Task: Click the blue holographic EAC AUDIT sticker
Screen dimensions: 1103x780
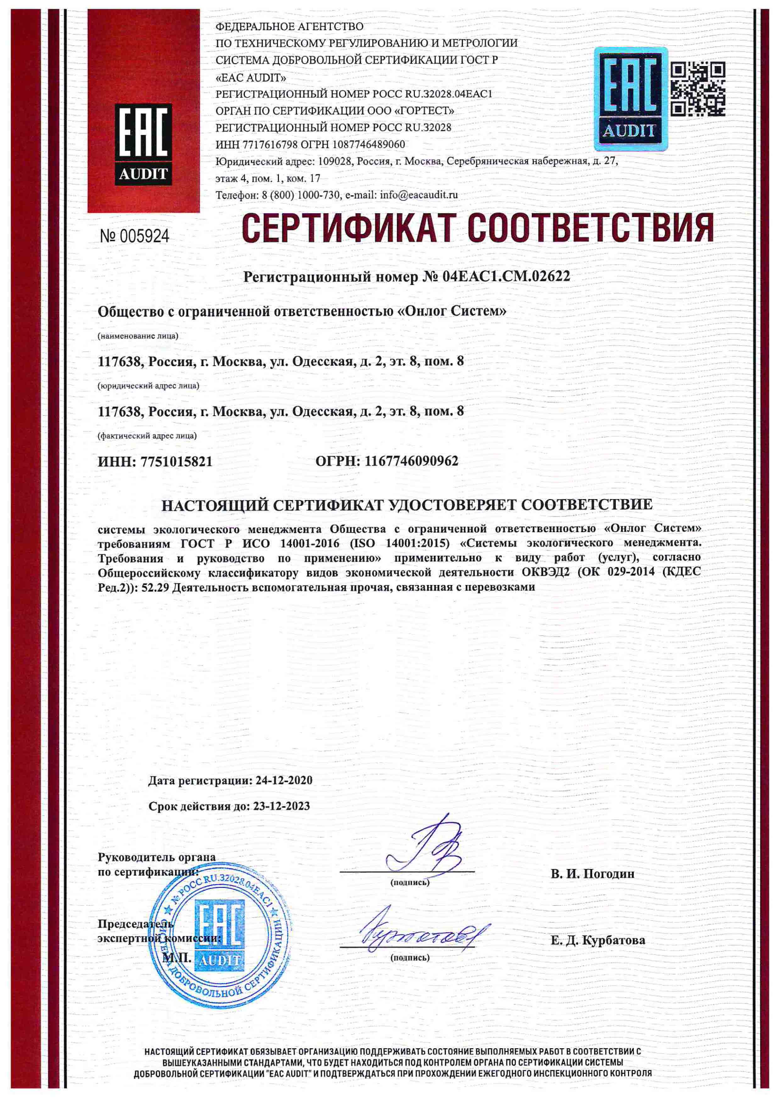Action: click(630, 98)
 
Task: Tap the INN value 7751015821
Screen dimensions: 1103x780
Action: click(176, 462)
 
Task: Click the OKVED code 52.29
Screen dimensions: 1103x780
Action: click(155, 587)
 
